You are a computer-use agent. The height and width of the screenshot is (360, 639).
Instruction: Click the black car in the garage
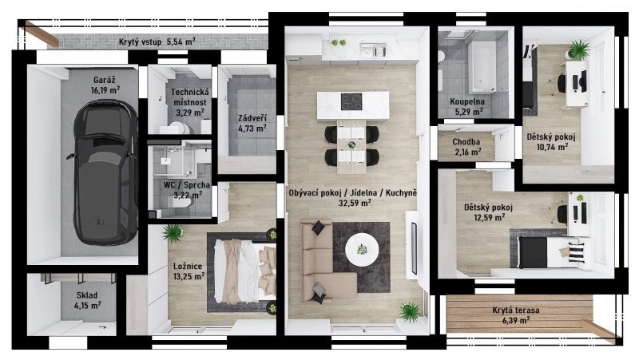[103, 172]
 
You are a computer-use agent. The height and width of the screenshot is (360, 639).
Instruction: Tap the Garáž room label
[105, 81]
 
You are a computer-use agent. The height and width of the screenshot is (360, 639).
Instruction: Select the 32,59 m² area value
[355, 203]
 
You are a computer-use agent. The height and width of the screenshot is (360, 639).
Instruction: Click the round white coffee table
[362, 250]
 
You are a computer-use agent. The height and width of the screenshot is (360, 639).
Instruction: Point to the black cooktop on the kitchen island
[351, 102]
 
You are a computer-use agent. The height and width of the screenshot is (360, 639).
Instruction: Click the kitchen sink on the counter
[373, 50]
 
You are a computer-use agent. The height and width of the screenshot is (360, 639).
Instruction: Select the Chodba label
[466, 142]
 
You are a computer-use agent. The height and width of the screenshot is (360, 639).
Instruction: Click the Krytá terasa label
[515, 311]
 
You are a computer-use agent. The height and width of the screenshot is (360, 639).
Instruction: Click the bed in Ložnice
[244, 271]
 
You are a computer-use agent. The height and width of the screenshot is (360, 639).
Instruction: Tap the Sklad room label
[87, 295]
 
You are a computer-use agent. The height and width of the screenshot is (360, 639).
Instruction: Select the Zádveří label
[252, 118]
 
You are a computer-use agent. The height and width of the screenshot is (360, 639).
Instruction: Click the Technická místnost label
[190, 97]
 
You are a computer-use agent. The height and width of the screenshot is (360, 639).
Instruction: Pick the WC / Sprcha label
[187, 185]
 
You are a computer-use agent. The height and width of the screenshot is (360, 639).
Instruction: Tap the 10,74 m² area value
[552, 147]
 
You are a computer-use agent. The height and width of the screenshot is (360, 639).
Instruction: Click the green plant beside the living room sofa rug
[409, 312]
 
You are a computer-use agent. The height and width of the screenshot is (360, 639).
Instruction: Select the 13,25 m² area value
[189, 276]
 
